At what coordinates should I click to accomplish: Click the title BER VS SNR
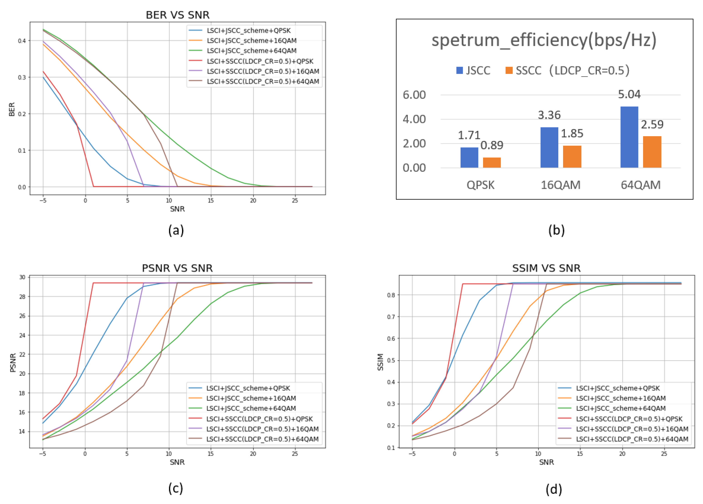click(178, 15)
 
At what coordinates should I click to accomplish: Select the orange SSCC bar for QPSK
click(492, 162)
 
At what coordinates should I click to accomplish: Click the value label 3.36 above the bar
click(549, 115)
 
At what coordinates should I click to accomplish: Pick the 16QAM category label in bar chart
click(560, 185)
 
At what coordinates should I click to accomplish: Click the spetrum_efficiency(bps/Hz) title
click(544, 40)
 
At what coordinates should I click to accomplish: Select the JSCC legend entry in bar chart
click(473, 70)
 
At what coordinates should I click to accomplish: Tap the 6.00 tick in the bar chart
click(414, 95)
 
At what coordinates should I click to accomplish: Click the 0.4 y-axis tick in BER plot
click(22, 41)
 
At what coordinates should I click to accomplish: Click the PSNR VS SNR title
click(177, 268)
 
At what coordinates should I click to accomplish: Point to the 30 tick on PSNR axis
click(22, 277)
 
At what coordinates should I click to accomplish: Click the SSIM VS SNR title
click(546, 268)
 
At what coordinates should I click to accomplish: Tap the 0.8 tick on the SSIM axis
click(391, 295)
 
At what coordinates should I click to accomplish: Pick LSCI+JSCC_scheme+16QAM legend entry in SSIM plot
click(620, 398)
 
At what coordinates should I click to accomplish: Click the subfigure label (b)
click(556, 230)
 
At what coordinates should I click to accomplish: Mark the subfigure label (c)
click(176, 488)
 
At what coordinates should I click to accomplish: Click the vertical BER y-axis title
click(12, 109)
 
